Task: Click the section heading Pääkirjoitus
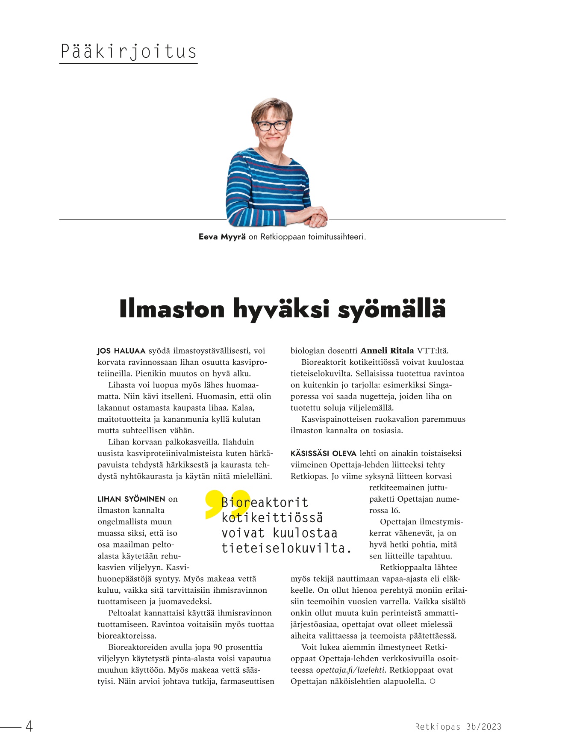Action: (x=128, y=52)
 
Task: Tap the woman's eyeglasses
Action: (x=271, y=126)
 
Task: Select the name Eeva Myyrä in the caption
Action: (x=222, y=237)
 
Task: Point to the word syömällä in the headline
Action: (x=391, y=310)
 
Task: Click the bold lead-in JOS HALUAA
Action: (x=121, y=351)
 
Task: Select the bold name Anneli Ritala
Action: (x=387, y=351)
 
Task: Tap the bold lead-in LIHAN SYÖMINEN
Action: (x=131, y=499)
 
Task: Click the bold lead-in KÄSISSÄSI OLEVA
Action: (x=323, y=453)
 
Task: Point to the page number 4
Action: (x=29, y=726)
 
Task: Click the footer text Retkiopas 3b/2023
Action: (x=458, y=727)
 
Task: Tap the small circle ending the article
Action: (x=433, y=681)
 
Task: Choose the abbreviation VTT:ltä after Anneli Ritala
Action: (x=433, y=351)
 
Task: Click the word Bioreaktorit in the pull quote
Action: (x=265, y=503)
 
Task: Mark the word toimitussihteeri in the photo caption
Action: (x=337, y=237)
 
